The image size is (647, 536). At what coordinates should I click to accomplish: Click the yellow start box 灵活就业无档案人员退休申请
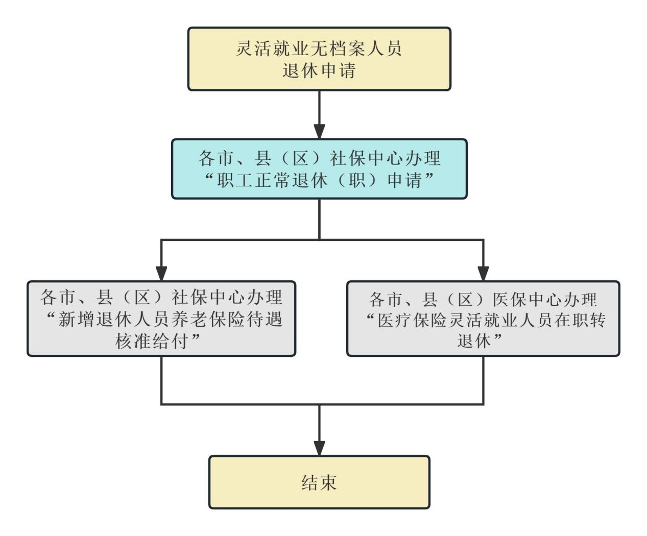[319, 59]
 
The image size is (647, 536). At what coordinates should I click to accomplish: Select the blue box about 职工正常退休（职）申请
[319, 168]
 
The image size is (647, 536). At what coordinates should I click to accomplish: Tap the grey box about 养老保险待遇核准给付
[161, 318]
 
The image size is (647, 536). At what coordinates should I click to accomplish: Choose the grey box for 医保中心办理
[483, 318]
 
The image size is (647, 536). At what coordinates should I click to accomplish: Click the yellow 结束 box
[319, 482]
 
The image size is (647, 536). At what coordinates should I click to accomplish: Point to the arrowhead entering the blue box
[319, 131]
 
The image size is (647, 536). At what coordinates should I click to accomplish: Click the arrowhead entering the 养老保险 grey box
[161, 274]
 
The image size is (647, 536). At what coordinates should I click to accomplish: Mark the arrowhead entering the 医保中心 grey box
[483, 274]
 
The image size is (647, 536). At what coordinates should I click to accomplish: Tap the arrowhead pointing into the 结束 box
[319, 448]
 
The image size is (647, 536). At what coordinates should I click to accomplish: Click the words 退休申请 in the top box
[319, 70]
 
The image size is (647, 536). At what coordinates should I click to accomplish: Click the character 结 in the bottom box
[308, 482]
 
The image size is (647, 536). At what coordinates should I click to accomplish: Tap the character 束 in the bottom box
[330, 482]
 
